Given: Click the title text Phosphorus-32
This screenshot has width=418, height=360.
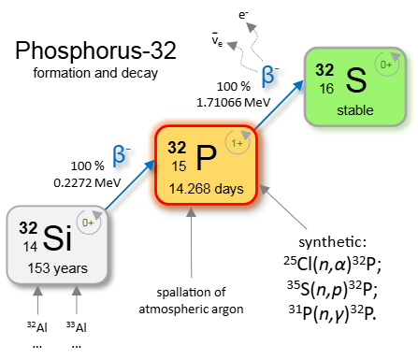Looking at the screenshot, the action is (x=95, y=50).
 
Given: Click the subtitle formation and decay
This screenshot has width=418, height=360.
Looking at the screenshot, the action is (x=95, y=73).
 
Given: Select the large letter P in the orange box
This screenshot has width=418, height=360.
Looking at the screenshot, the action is (x=206, y=158).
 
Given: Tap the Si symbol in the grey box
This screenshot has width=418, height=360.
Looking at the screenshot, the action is (x=58, y=238).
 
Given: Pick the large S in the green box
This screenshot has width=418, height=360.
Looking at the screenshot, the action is (x=356, y=79).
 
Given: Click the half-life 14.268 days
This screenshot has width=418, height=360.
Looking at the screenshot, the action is (x=206, y=189).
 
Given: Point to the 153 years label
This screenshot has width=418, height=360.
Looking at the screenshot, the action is (x=58, y=268).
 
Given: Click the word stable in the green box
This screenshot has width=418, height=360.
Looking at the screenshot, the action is (x=355, y=110).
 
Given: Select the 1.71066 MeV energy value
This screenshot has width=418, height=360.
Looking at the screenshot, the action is (x=233, y=102).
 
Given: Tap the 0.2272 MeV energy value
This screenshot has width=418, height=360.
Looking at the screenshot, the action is (x=87, y=182).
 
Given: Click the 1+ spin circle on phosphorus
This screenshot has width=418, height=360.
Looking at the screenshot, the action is (x=238, y=142).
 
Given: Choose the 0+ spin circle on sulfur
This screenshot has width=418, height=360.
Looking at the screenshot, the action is (x=387, y=65).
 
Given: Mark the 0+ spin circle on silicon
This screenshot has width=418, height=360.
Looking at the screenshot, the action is (x=89, y=223).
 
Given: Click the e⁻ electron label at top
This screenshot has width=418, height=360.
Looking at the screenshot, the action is (x=243, y=15).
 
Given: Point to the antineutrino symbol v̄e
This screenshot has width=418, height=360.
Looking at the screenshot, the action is (x=217, y=39).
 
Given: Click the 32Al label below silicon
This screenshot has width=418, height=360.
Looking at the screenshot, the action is (x=37, y=327).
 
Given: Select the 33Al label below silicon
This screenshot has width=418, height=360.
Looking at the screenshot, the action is (x=77, y=327).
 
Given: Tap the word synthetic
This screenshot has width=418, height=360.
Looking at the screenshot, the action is (x=332, y=242).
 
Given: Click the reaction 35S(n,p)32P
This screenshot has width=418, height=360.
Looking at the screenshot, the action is (x=332, y=289).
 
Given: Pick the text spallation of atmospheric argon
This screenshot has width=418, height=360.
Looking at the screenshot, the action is (x=191, y=301).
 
